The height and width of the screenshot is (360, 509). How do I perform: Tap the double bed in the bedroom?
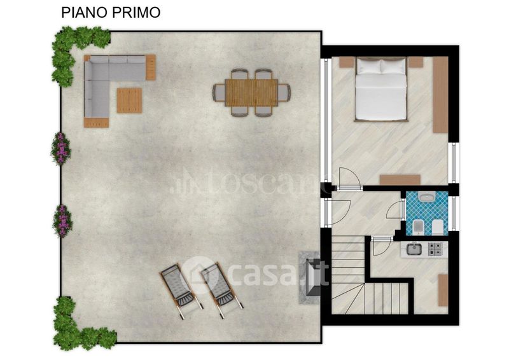pos(381,89)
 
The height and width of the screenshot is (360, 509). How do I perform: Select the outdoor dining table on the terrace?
pos(251,92)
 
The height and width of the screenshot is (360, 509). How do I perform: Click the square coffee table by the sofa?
pos(130,100)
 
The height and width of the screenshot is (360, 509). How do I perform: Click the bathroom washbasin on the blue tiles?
pos(426,197)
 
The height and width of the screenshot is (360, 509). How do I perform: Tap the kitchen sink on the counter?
pos(414,249)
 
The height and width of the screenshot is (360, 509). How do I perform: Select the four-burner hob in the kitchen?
pos(436,249)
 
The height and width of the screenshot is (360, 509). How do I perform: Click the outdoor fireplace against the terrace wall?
pos(309,277)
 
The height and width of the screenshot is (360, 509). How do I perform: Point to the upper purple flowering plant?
pos(60,148)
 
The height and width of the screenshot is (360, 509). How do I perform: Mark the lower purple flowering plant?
pos(62,221)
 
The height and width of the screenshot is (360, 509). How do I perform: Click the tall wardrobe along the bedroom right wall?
pos(440,95)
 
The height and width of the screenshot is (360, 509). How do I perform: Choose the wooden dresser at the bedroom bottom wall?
pos(400,180)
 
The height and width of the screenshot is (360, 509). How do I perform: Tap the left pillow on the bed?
pos(368,67)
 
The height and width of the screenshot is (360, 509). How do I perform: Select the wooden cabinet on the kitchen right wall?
pos(443,290)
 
